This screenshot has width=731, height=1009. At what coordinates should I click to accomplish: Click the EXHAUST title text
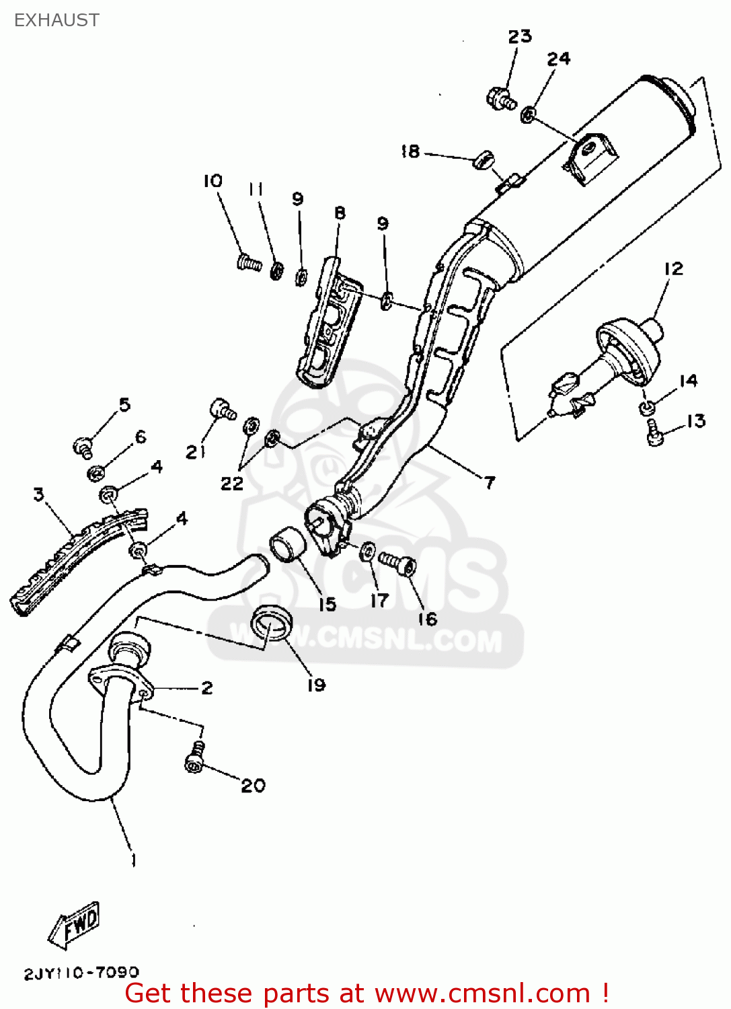pyautogui.click(x=56, y=20)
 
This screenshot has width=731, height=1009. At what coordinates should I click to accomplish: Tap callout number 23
pyautogui.click(x=519, y=36)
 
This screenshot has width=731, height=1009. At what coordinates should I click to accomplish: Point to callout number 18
pyautogui.click(x=410, y=152)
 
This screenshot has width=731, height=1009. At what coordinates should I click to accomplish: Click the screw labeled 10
pyautogui.click(x=249, y=262)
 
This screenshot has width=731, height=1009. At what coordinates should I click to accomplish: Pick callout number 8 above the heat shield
pyautogui.click(x=340, y=213)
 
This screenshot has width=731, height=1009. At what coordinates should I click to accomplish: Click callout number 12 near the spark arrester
pyautogui.click(x=673, y=268)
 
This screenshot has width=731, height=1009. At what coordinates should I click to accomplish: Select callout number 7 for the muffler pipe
pyautogui.click(x=490, y=482)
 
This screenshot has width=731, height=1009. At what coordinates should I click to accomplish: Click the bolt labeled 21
pyautogui.click(x=222, y=409)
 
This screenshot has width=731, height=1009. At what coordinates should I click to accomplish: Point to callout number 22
pyautogui.click(x=232, y=483)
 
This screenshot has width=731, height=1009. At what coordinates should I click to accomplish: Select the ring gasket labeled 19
pyautogui.click(x=272, y=622)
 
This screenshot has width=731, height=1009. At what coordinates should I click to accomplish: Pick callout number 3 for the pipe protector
pyautogui.click(x=39, y=495)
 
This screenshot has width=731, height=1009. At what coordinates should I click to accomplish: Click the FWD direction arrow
pyautogui.click(x=75, y=925)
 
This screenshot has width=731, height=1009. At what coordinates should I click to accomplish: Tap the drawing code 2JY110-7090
pyautogui.click(x=81, y=973)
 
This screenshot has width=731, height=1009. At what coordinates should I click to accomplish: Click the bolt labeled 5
pyautogui.click(x=83, y=445)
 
